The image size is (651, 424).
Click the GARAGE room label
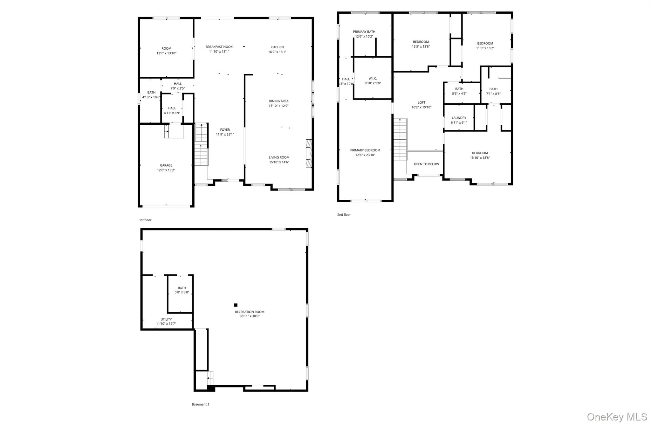tap(166, 165)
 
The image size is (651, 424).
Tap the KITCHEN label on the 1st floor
tap(277, 47)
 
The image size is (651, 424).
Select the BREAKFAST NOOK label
tap(219, 47)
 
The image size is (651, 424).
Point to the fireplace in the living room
tap(309, 153)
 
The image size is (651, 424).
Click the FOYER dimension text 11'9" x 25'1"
tap(225, 135)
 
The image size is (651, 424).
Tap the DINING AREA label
tap(278, 101)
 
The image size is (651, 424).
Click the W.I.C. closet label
tap(373, 78)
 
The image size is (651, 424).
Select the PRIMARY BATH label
tap(364, 31)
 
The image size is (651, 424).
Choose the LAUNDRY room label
tap(459, 118)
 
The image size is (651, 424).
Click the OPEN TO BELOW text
tap(426, 164)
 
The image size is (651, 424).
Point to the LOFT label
tap(421, 102)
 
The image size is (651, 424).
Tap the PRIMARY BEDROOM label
tap(365, 150)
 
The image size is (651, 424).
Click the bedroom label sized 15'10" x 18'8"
tap(480, 153)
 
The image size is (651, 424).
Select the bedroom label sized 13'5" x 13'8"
tap(421, 42)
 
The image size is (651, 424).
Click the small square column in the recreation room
tap(236, 305)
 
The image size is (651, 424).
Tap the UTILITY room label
tap(166, 319)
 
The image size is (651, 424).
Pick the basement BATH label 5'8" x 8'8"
tap(182, 288)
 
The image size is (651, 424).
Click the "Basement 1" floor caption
tap(200, 405)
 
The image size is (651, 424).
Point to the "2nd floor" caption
tap(344, 215)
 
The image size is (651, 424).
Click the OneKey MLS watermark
tap(617, 417)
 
